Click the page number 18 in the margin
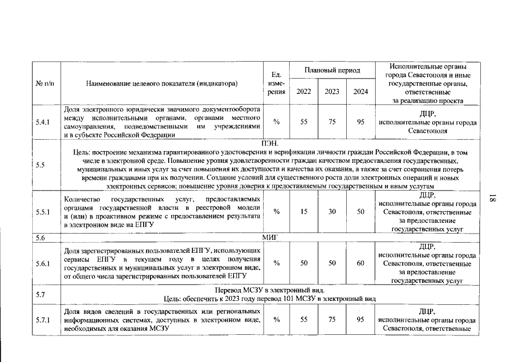492,199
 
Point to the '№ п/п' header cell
45,83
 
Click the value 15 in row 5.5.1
304,212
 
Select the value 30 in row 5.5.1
332,212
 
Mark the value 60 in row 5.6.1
360,263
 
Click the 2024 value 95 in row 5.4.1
360,122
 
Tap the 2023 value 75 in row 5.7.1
332,320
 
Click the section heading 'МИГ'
270,238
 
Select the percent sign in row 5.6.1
277,263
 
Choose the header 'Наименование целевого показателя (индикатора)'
162,83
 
